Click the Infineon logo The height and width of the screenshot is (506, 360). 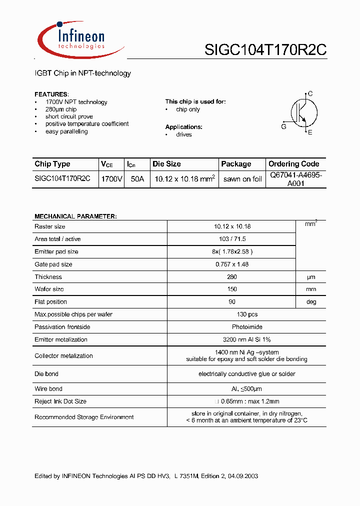click(80, 39)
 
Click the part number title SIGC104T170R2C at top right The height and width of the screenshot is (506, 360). click(265, 50)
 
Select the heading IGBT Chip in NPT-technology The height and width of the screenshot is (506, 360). click(82, 73)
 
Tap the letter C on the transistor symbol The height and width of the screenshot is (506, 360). click(310, 93)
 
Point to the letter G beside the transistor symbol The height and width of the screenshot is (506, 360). click(283, 127)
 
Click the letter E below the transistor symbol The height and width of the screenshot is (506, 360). click(310, 132)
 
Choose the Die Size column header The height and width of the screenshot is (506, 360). click(166, 164)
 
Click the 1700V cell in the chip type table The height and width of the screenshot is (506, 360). click(111, 179)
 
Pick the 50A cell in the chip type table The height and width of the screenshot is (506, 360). click(137, 179)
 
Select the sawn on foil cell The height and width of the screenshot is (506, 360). click(242, 179)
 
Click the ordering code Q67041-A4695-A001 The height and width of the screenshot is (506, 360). click(296, 179)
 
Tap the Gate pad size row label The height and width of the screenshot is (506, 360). click(53, 264)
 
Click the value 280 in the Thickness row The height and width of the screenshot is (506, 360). click(231, 277)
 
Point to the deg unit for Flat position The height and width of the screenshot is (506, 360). click(311, 302)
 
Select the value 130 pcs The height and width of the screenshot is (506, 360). click(247, 314)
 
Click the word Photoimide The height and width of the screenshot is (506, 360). click(246, 327)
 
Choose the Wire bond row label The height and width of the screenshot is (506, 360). click(48, 388)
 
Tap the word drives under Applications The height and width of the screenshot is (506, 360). click(183, 134)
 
